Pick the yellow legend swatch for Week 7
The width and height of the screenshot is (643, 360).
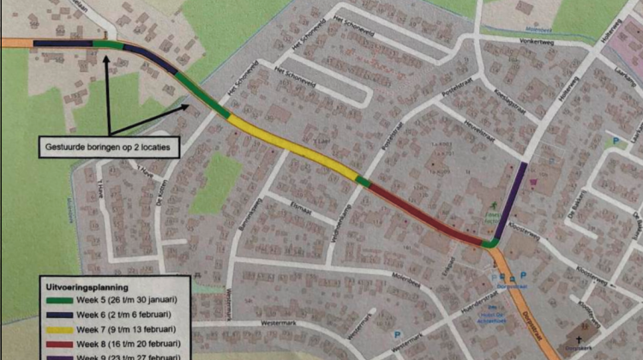[x=57, y=329]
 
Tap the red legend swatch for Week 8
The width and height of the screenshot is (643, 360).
[x=57, y=343]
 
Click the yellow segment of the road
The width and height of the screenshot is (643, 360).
[x=291, y=146]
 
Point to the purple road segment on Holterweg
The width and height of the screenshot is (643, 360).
[x=512, y=197]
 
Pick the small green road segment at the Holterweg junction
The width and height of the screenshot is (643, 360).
[x=490, y=243]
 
